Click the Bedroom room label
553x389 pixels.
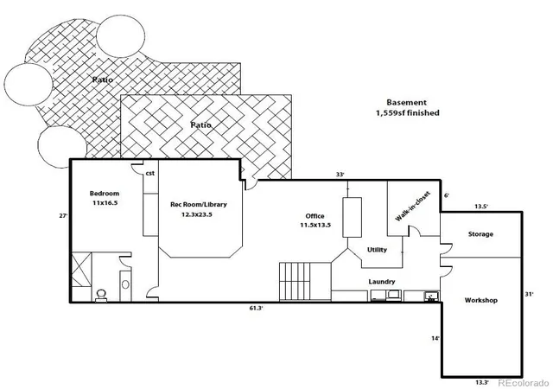[105, 194]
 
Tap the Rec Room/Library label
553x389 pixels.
[199, 204]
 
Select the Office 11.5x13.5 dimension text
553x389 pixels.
[315, 226]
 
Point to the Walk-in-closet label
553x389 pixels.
[413, 207]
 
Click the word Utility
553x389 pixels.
[377, 250]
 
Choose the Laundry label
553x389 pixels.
[382, 282]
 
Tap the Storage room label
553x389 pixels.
[480, 234]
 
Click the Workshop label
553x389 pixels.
[481, 301]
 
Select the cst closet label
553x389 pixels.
[150, 173]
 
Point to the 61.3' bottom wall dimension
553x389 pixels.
[257, 308]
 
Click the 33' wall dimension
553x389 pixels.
[340, 175]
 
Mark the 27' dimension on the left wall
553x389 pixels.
[63, 216]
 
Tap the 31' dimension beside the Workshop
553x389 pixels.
[529, 294]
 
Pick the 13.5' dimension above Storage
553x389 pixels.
[481, 207]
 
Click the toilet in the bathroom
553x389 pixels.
[102, 295]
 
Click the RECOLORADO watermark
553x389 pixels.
[523, 383]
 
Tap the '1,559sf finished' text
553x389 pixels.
[407, 113]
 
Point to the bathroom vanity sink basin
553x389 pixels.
[125, 284]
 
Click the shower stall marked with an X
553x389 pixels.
[82, 270]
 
